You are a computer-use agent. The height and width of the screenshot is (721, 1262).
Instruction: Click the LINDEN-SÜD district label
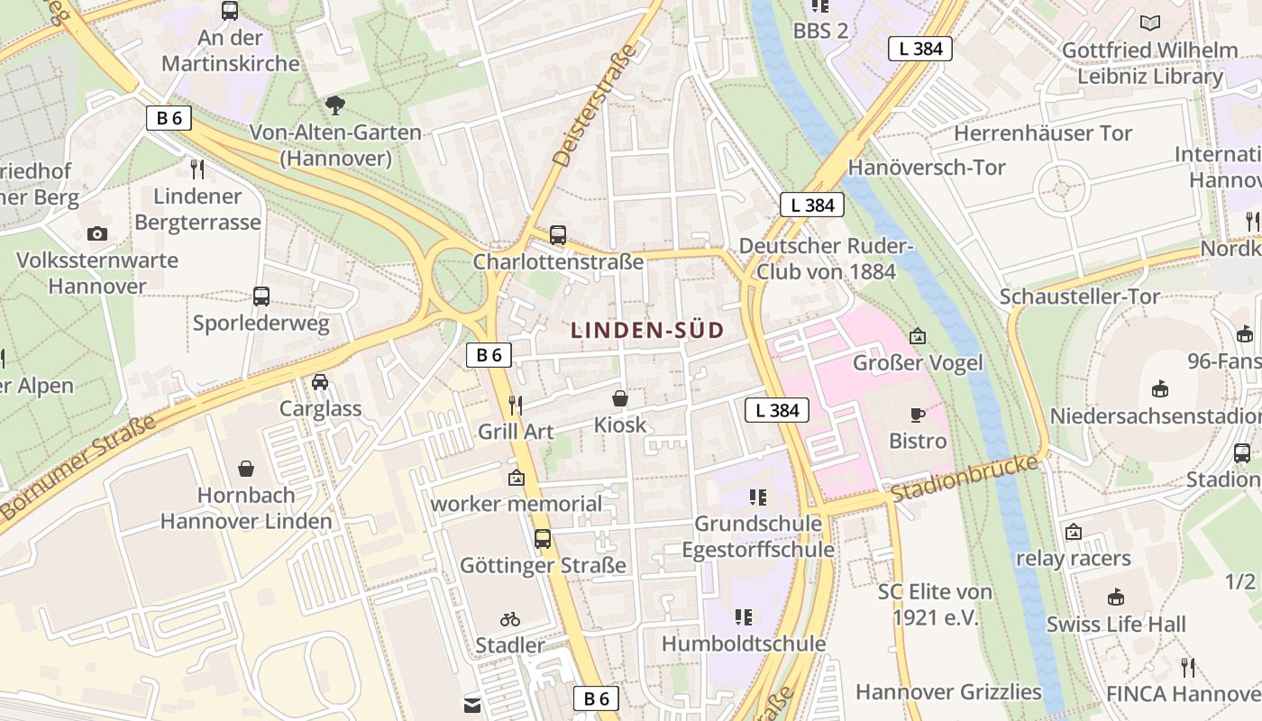pos(647,331)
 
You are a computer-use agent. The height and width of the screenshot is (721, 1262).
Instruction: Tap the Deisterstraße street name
pos(594,106)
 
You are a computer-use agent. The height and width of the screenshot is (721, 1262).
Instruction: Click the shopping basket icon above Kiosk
pos(620,398)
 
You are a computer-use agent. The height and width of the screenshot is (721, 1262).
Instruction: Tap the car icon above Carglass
pos(320,382)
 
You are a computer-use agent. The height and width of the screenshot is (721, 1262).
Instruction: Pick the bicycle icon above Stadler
pos(510,619)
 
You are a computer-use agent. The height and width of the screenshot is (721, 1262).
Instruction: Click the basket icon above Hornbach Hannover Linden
pos(246,469)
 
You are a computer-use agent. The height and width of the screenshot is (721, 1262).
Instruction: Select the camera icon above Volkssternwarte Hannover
pos(97,234)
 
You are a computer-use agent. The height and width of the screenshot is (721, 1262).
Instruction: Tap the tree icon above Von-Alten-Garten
pos(335,105)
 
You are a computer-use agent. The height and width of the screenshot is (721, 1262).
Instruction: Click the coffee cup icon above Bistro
pos(918,415)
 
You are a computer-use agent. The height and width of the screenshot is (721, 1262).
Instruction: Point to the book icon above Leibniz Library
pos(1150,23)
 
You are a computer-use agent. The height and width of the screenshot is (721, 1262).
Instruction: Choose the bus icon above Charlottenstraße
pos(558,235)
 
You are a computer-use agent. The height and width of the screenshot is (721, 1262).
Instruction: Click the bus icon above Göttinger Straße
pos(543,539)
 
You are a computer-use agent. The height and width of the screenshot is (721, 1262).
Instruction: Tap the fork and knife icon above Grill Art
pos(516,405)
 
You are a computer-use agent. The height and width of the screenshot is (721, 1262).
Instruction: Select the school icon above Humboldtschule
pos(744,617)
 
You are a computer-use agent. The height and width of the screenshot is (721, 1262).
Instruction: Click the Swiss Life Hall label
pos(1116,624)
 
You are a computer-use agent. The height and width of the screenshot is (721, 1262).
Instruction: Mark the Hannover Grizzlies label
pos(948,692)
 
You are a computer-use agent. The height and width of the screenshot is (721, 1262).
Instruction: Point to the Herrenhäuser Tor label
pos(1043,133)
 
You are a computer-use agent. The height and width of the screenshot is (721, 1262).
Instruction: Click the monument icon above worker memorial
pos(517,478)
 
